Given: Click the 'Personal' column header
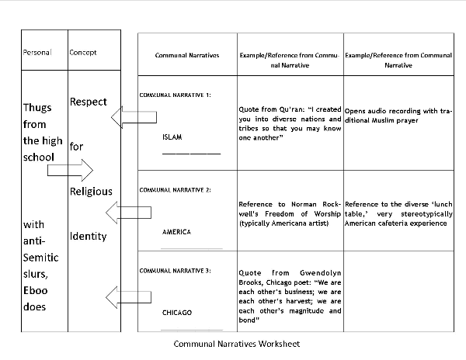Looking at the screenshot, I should pyautogui.click(x=37, y=53).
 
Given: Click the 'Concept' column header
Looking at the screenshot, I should pyautogui.click(x=83, y=53).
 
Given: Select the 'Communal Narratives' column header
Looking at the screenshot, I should pyautogui.click(x=187, y=56).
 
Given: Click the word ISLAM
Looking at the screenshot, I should pyautogui.click(x=172, y=137).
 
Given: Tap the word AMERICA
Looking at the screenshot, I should pyautogui.click(x=176, y=232).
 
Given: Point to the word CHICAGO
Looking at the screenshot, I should pyautogui.click(x=177, y=313).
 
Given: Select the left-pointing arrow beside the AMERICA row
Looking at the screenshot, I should pyautogui.click(x=130, y=211).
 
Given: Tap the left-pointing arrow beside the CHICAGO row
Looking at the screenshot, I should pyautogui.click(x=129, y=296).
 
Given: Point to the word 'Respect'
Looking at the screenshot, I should pyautogui.click(x=89, y=102).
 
